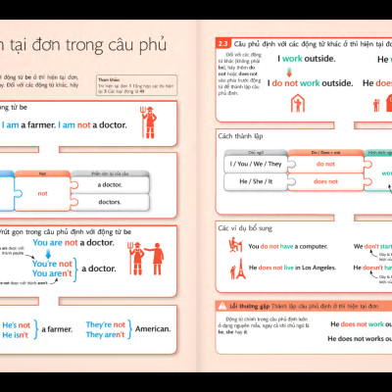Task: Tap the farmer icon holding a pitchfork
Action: click(149, 122)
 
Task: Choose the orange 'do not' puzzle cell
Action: click(325, 164)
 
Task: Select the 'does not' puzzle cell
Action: click(325, 181)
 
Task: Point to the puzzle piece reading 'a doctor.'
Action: click(110, 183)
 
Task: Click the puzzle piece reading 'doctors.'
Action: click(110, 201)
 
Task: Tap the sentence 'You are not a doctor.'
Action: click(73, 242)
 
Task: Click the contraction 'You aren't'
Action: click(53, 275)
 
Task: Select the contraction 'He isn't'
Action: click(16, 335)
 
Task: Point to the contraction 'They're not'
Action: click(105, 324)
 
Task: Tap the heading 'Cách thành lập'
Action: click(241, 136)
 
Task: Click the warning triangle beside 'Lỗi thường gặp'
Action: click(221, 307)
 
